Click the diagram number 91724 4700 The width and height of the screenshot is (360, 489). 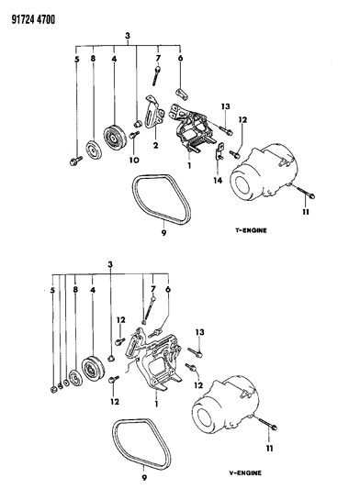33,19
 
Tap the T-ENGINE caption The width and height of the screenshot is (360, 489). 251,230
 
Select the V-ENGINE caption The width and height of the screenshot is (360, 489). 245,472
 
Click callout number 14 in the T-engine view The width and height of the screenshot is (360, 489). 218,180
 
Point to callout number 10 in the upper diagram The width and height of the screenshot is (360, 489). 134,160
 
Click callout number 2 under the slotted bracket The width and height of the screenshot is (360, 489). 155,145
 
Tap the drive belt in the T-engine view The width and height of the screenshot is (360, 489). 162,199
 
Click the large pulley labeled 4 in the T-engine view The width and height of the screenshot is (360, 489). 115,139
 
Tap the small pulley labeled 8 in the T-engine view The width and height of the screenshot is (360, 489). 94,150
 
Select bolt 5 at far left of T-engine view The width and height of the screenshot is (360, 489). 75,161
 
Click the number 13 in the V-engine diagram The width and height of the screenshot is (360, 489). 199,332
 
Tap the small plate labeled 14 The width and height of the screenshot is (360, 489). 220,151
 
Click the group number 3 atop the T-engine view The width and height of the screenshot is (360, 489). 128,36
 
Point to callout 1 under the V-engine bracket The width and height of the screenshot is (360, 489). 156,404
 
